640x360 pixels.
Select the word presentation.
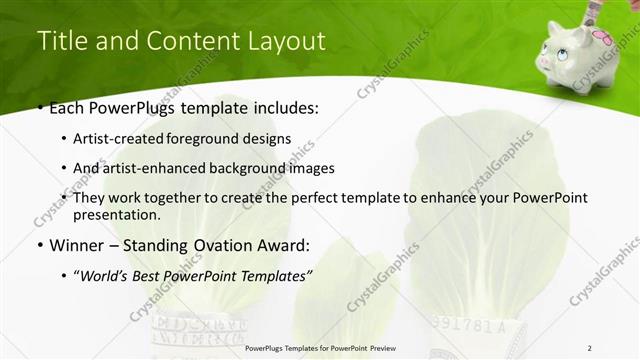click(115, 214)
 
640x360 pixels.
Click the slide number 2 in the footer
click(590, 349)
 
